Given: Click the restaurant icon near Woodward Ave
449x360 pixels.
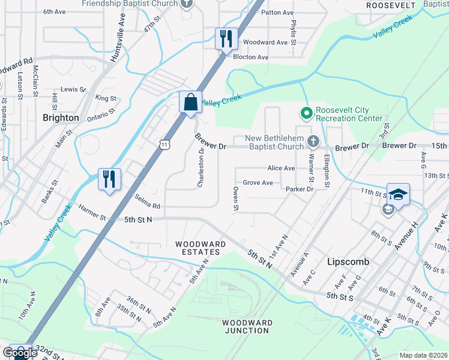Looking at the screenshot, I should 226,39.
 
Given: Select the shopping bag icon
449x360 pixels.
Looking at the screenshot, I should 190,101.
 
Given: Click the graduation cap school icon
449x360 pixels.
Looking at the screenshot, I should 398,194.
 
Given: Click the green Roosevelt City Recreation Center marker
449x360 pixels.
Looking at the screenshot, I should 306,113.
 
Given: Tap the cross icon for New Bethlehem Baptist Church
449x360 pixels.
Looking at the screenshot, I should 312,142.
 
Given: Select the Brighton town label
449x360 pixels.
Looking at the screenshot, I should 61,118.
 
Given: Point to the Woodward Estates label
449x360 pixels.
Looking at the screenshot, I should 200,248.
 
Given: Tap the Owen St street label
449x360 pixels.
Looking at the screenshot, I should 236,199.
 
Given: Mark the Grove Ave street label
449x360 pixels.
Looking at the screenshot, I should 258,182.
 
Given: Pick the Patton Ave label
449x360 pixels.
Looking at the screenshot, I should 278,12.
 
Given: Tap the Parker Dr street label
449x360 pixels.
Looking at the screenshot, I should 300,189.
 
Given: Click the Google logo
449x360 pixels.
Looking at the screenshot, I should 20,353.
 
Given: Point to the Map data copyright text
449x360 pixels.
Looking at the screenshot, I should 423,355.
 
